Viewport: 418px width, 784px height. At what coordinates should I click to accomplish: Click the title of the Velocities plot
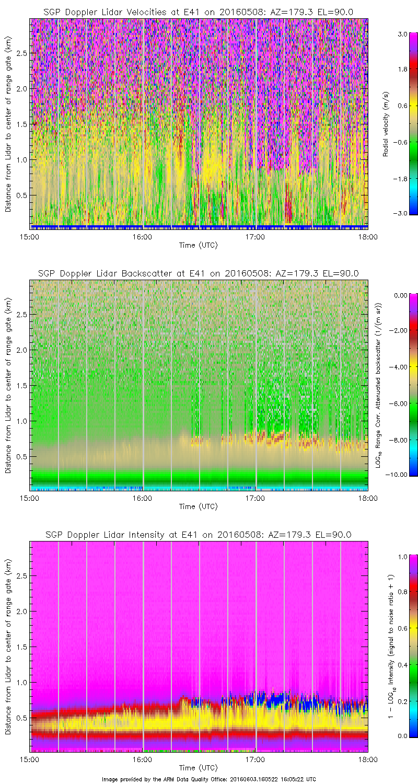(199, 12)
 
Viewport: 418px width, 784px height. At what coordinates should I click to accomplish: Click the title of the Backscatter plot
(199, 273)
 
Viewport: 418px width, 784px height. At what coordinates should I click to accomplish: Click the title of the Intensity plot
(199, 535)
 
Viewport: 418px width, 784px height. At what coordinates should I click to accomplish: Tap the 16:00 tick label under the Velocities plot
(142, 236)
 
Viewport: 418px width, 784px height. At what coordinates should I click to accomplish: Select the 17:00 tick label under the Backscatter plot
(256, 498)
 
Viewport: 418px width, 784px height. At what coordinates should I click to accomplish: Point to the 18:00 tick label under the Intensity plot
(367, 759)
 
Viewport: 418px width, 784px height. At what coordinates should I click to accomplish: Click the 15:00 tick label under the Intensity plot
(30, 759)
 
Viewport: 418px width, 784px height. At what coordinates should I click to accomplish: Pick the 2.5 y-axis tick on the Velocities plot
(21, 53)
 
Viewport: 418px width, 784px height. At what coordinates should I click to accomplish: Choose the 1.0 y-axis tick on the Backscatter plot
(21, 421)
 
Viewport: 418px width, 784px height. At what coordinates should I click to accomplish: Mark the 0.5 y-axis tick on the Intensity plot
(21, 718)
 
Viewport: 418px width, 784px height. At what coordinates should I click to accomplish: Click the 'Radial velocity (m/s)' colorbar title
(386, 124)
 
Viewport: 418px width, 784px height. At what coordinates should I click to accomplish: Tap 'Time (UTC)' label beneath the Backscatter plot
(199, 506)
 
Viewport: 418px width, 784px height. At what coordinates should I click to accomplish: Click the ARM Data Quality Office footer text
(209, 779)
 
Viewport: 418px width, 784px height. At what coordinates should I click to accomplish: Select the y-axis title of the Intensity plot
(8, 647)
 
